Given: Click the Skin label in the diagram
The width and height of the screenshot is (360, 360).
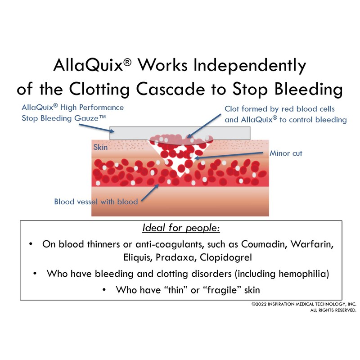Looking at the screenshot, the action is [x=100, y=147].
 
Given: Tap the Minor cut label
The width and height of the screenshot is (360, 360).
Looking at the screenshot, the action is [x=286, y=153].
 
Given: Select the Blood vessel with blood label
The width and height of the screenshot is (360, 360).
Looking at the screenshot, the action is [x=96, y=202].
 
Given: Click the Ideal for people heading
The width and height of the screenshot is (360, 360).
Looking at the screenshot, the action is [x=181, y=228].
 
